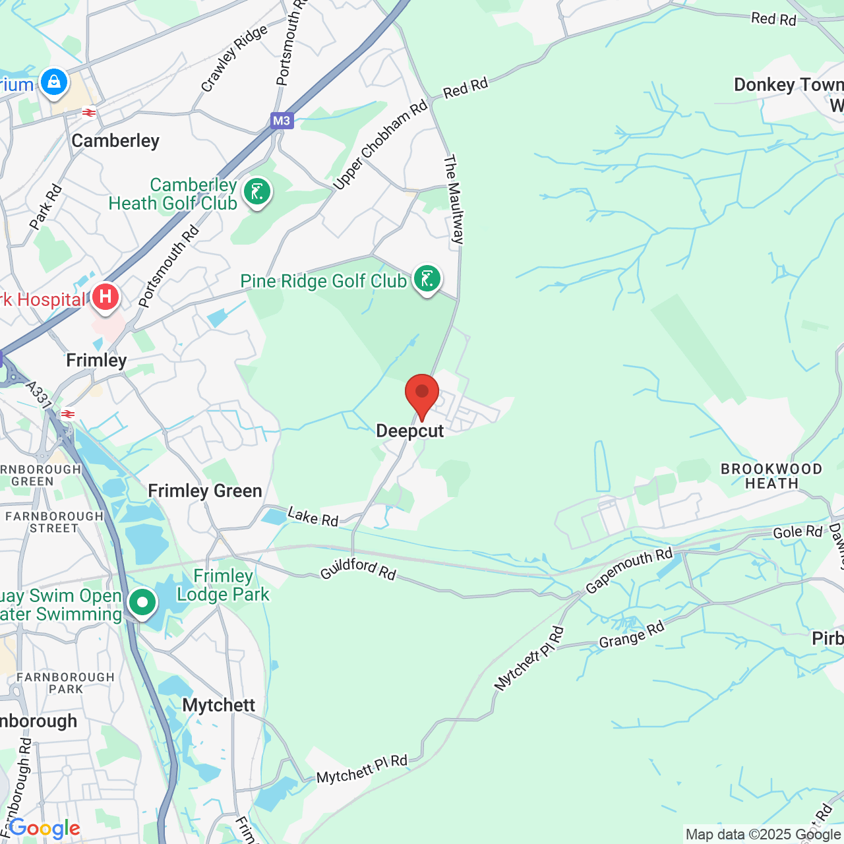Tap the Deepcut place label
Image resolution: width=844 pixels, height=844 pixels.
(x=410, y=431)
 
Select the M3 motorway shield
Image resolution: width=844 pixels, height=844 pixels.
(x=282, y=121)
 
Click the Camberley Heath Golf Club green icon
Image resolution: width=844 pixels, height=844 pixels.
(x=257, y=193)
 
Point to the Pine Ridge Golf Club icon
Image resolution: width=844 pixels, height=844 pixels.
(x=427, y=279)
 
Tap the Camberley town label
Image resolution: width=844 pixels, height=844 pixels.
(x=115, y=141)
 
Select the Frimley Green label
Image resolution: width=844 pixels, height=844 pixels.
(x=205, y=491)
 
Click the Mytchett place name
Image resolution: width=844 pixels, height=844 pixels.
(x=219, y=706)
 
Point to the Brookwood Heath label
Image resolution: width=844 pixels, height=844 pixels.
(x=771, y=476)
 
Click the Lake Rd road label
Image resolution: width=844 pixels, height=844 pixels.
(x=313, y=517)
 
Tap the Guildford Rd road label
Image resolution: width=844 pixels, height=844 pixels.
(x=358, y=569)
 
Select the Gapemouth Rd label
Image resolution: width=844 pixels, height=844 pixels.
(x=629, y=571)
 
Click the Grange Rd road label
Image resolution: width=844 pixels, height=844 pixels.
(x=632, y=635)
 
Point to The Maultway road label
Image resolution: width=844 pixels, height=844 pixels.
(x=454, y=200)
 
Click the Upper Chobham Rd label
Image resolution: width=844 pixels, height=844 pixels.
(x=380, y=145)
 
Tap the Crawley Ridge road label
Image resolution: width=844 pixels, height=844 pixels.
(x=234, y=58)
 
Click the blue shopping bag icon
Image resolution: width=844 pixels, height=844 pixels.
(x=54, y=82)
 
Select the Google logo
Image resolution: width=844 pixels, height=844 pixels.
(x=45, y=828)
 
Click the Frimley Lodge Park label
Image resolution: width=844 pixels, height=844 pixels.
(x=224, y=586)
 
